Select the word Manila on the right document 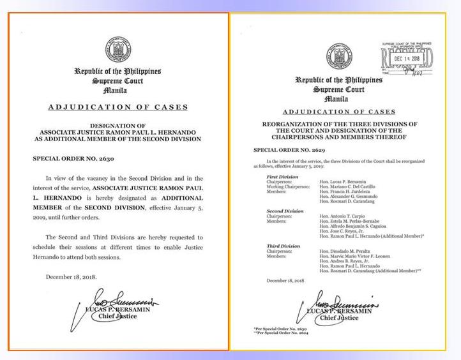click(x=336, y=99)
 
